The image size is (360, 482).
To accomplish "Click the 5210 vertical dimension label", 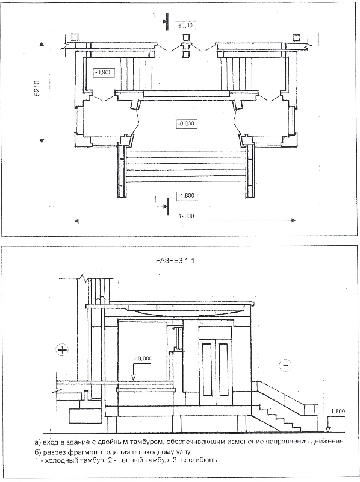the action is click(37, 89).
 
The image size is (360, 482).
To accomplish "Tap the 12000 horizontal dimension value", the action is click(186, 216).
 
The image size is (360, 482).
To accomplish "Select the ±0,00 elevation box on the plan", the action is click(185, 25).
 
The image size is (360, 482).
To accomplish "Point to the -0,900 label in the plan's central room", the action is click(186, 124).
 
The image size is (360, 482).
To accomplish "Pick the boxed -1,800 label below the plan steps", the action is click(186, 196).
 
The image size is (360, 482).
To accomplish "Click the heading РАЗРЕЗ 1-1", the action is click(175, 261).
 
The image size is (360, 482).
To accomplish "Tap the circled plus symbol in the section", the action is click(63, 351).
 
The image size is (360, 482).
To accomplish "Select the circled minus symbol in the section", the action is click(285, 365).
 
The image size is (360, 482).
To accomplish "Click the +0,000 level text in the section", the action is click(143, 358).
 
